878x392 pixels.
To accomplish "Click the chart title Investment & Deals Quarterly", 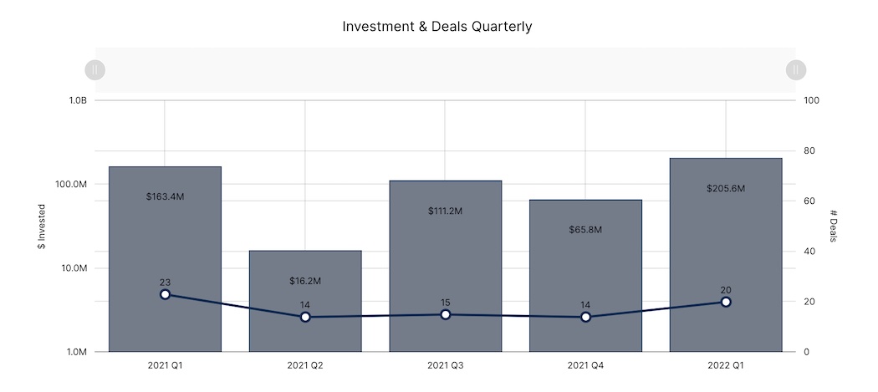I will coord(437,27).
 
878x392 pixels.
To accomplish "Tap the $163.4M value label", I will coord(165,197).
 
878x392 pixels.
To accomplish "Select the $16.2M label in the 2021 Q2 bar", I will coord(305,281).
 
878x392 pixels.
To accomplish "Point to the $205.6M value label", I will coord(726,189).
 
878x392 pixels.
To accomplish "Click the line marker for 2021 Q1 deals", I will coord(165,294).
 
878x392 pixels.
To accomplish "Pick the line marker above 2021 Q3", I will coord(446,314).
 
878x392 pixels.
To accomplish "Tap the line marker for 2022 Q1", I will coord(726,302).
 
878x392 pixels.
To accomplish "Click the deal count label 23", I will coord(165,283).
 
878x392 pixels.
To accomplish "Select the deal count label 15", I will coord(446,303).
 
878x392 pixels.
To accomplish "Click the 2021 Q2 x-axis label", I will coord(305,365).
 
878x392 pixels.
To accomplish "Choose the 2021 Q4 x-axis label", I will coord(585,365).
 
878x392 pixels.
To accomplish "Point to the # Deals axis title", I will coord(833,226).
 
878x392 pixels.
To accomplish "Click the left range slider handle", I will coord(95,70).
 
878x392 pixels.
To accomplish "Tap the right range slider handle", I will coord(796,70).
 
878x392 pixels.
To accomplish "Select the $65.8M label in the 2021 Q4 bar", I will coord(585,229).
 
